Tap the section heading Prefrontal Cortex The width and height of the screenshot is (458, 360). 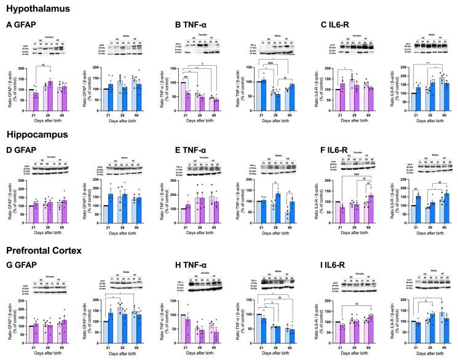[46, 251]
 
